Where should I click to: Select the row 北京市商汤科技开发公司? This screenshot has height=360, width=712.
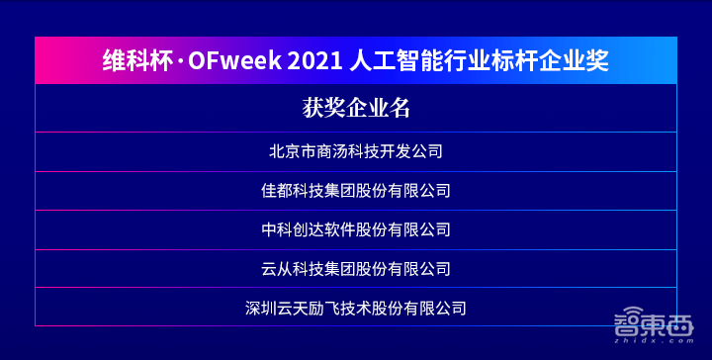point(356,152)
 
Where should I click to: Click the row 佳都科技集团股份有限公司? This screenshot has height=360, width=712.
point(356,191)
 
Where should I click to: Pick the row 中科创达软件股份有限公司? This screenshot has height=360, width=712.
point(356,229)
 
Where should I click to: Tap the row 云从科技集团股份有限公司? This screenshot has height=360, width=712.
point(356,268)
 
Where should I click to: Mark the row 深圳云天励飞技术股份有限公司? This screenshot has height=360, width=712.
point(356,308)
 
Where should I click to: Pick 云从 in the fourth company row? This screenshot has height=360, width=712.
point(276,268)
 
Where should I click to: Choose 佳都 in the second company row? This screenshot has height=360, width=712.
point(276,191)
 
